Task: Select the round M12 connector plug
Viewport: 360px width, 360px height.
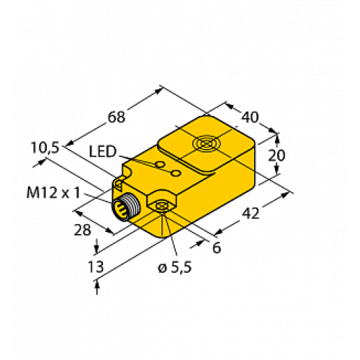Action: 125,207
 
